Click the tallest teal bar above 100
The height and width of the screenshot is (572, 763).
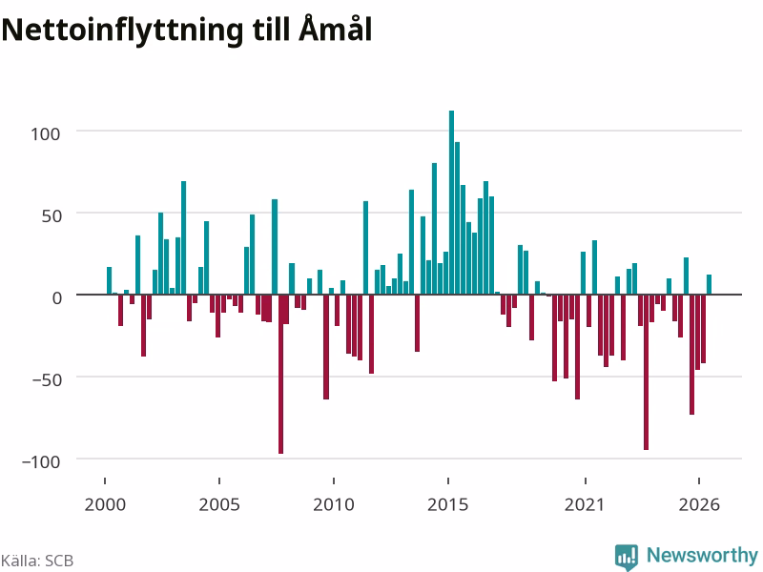(x=451, y=202)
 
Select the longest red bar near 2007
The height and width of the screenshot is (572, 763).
(x=280, y=374)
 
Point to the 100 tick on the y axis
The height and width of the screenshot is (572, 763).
(x=46, y=133)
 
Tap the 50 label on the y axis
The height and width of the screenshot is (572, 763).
(x=52, y=215)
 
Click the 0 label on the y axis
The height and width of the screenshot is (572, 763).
(x=57, y=297)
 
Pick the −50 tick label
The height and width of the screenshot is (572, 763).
(x=47, y=379)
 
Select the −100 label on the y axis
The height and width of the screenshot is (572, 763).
(x=41, y=461)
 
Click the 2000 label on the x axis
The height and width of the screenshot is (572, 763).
(x=105, y=504)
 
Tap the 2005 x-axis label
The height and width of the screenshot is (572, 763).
(x=219, y=504)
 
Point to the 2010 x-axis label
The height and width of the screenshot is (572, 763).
(x=334, y=504)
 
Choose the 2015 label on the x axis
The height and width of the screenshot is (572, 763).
(x=448, y=504)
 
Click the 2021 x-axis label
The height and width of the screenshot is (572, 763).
(x=585, y=504)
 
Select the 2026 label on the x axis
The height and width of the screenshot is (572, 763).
(x=699, y=504)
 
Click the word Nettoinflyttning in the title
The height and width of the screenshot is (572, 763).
(x=122, y=31)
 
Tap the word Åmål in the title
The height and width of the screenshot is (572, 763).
(x=336, y=28)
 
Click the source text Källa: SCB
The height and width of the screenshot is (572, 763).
(x=37, y=561)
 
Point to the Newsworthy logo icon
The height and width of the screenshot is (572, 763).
(x=627, y=557)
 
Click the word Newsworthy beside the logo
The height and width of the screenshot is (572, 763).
(x=702, y=555)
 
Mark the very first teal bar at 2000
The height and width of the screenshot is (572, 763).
(x=110, y=280)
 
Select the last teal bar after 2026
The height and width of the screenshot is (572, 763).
(x=709, y=284)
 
